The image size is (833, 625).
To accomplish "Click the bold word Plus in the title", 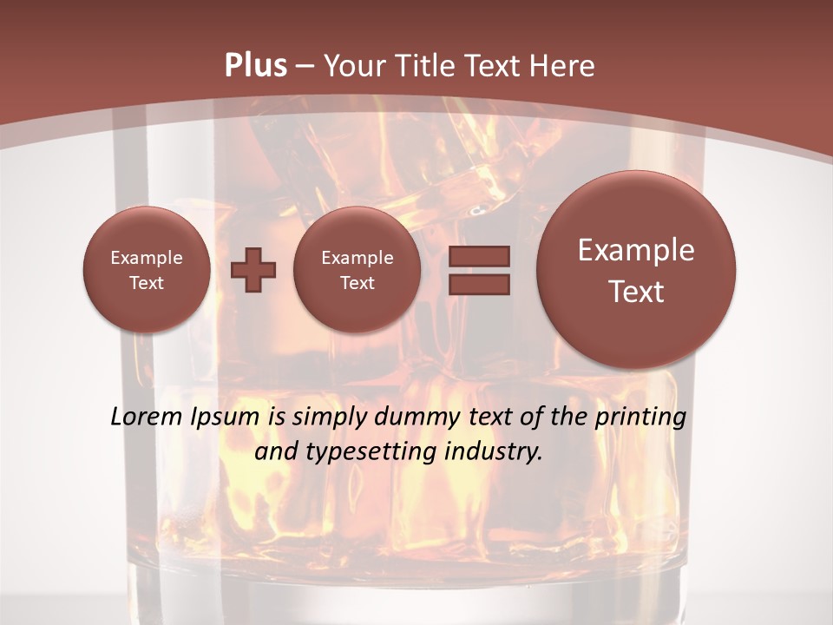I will pos(255,66).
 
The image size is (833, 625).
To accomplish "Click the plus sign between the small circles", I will pos(253,270).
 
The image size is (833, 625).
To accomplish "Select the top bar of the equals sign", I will pos(478,256).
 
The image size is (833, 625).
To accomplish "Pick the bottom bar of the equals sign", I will pos(478,284).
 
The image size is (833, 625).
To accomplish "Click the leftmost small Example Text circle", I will pos(146,270).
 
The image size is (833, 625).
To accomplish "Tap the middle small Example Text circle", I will pos(357,270).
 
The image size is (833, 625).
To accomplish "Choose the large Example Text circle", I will pos(636,270).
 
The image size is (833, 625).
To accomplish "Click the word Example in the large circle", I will pos(636,250).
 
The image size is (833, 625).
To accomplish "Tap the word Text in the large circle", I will pos(636,292).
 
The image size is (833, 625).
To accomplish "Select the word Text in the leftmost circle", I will pos(146,283).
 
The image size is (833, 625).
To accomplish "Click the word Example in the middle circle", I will pos(357,258).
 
